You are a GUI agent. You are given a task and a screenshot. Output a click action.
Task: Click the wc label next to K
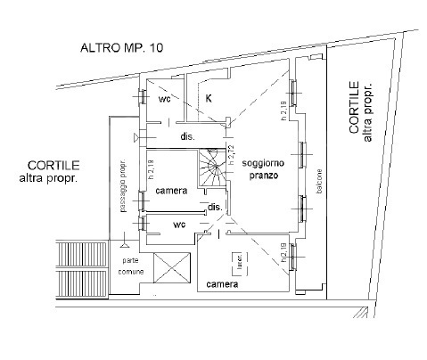pyautogui.click(x=164, y=100)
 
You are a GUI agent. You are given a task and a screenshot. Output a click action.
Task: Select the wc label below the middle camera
pyautogui.click(x=178, y=225)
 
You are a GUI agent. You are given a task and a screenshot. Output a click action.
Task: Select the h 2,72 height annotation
pyautogui.click(x=231, y=156)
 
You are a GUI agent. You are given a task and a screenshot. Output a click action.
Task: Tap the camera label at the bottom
pyautogui.click(x=221, y=284)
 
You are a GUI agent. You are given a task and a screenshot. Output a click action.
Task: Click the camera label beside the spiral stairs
pyautogui.click(x=170, y=192)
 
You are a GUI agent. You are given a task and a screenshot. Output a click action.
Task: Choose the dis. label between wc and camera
pyautogui.click(x=187, y=137)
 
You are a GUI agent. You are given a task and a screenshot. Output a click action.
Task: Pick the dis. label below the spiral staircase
pyautogui.click(x=214, y=208)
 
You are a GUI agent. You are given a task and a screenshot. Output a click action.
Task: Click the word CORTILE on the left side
pyautogui.click(x=53, y=165)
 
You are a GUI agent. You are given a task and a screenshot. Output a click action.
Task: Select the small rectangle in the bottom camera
pyautogui.click(x=238, y=263)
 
